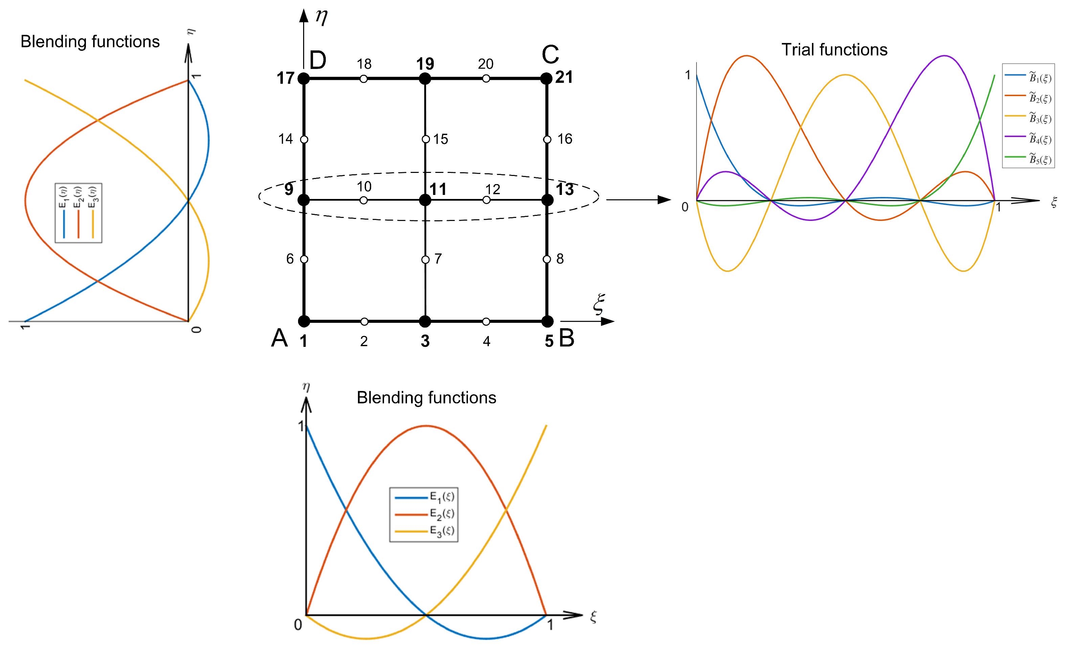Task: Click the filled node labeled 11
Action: (425, 200)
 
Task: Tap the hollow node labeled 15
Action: (426, 139)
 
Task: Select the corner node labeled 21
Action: (547, 79)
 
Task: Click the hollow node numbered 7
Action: (425, 260)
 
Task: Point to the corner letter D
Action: (318, 61)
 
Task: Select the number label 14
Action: (285, 139)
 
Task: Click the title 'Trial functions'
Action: (834, 50)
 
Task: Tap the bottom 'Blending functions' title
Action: (426, 398)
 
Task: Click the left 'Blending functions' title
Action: (90, 42)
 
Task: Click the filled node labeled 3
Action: (425, 321)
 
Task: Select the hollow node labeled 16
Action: (547, 139)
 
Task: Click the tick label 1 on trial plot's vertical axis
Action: (688, 75)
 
